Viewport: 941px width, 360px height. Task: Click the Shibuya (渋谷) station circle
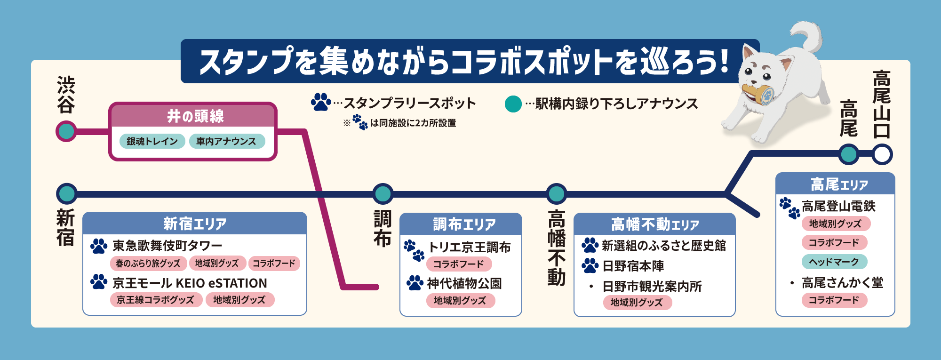point(66,131)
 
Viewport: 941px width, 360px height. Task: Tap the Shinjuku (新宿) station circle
point(67,193)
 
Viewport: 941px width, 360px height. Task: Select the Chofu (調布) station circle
point(383,193)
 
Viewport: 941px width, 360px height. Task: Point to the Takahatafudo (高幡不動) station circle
point(557,193)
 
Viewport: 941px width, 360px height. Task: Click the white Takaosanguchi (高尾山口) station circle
point(882,154)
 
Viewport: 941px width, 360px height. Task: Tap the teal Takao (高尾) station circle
point(849,154)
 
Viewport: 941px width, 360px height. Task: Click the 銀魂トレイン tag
point(152,141)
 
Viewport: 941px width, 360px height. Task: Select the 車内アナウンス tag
point(226,141)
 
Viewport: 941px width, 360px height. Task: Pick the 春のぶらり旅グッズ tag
point(148,264)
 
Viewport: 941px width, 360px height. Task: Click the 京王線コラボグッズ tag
point(156,300)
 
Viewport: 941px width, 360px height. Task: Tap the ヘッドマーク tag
point(834,262)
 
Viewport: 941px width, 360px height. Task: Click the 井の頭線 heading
point(195,116)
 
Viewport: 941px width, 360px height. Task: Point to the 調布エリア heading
point(464,224)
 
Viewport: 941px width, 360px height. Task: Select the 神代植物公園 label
point(464,283)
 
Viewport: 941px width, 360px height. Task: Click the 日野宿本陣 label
point(633,266)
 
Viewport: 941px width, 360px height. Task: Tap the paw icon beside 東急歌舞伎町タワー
point(99,246)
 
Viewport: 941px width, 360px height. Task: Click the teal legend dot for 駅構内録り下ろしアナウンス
point(513,104)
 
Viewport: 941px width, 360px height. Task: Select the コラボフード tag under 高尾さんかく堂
point(834,300)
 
